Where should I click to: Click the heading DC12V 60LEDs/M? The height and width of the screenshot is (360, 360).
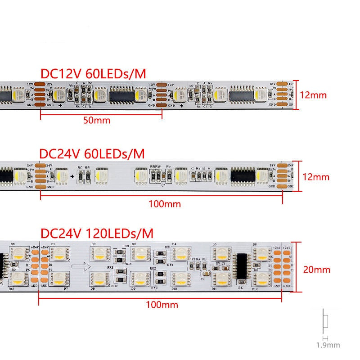(93, 73)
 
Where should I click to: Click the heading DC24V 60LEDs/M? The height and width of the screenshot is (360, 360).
(92, 154)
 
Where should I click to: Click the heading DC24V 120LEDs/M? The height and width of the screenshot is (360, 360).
(97, 234)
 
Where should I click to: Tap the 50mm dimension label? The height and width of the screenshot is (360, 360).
(97, 120)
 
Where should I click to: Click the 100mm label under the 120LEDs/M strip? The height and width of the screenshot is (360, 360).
(162, 305)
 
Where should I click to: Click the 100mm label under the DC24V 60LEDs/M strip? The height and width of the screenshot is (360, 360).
(164, 204)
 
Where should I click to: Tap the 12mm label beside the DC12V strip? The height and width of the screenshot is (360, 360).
(314, 95)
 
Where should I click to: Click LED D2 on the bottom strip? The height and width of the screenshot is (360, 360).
(99, 255)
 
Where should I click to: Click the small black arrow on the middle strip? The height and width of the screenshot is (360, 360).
(72, 176)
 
